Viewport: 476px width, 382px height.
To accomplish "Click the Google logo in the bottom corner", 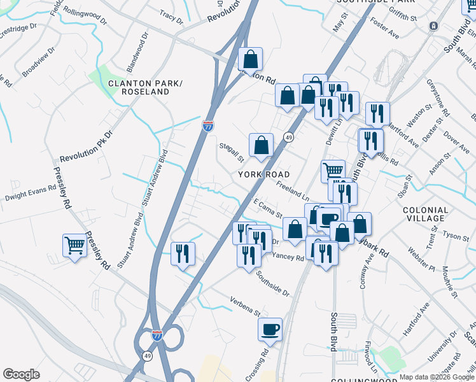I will click(21, 374).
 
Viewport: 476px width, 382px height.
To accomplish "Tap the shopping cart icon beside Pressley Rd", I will click(75, 246).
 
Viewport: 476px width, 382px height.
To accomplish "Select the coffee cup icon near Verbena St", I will click(270, 329).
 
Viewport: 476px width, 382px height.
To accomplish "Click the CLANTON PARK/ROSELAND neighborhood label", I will click(139, 88).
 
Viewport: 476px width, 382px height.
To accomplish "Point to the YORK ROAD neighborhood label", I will click(264, 174).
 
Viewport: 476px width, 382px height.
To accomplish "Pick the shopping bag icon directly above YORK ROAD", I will click(261, 145).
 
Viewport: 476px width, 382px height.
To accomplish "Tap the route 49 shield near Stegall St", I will click(288, 138).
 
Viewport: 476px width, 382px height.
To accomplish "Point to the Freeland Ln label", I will click(292, 190).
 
